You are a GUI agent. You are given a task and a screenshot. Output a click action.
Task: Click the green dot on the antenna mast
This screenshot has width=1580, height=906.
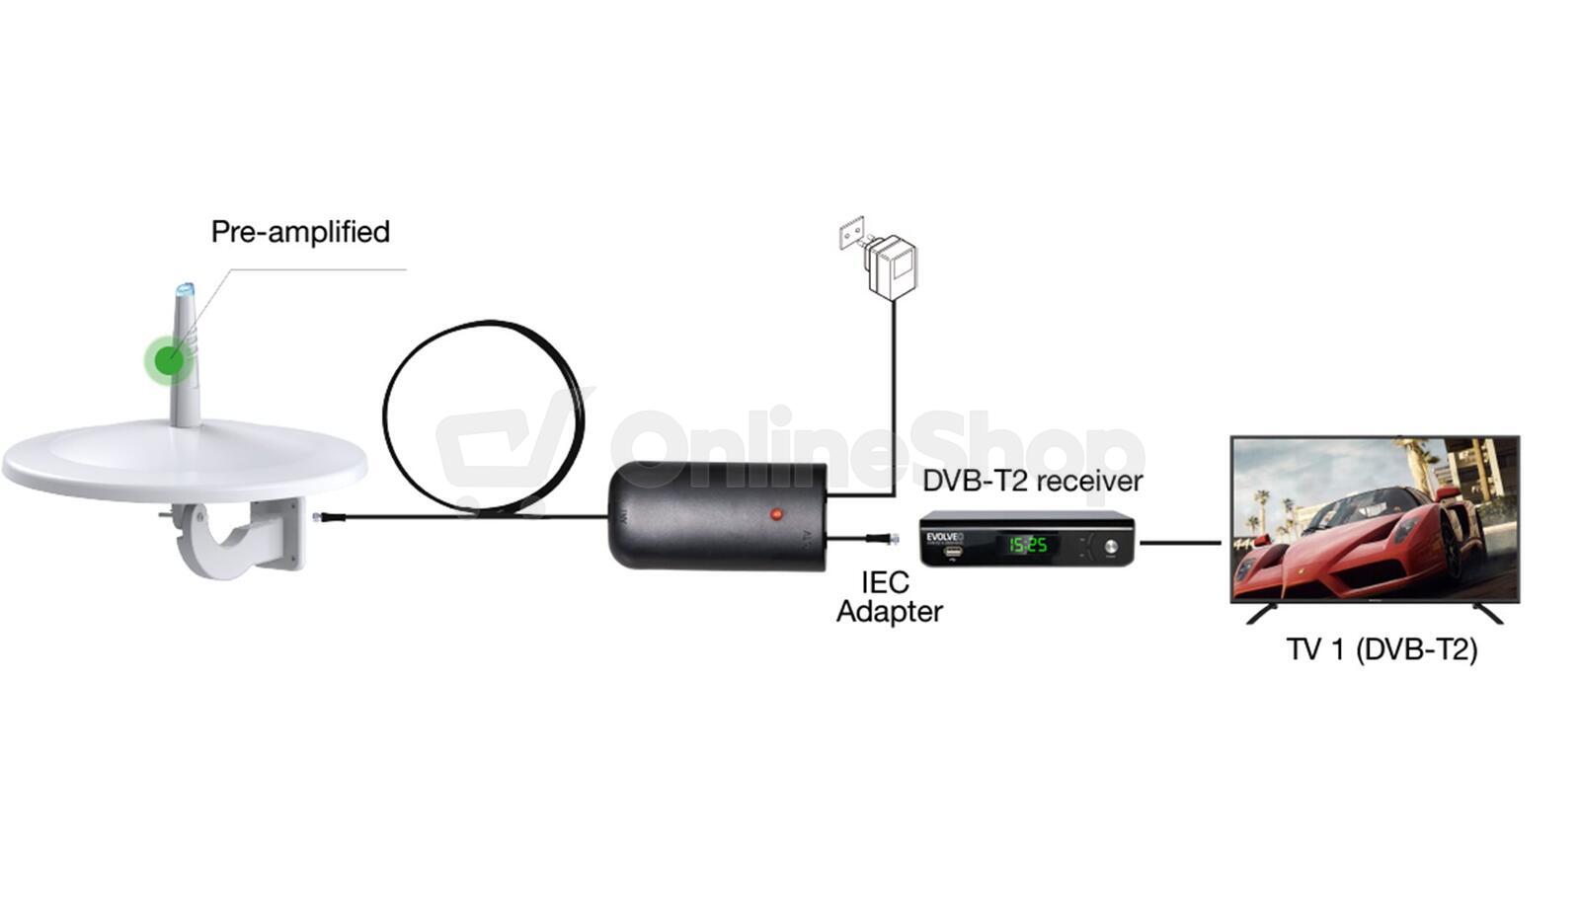coord(170,360)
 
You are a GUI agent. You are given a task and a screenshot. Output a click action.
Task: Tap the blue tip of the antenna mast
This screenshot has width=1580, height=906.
coord(185,290)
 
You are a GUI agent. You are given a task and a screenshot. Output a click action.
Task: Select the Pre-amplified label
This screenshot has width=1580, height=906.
coord(300,232)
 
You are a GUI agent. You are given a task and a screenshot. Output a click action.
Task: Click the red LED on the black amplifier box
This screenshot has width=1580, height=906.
coord(776,514)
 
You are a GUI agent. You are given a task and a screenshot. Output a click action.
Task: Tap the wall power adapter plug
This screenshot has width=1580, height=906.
coord(892,264)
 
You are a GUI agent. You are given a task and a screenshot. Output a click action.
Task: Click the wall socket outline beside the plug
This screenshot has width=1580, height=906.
coord(851,234)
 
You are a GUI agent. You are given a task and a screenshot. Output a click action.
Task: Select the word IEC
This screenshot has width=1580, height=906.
coord(885,582)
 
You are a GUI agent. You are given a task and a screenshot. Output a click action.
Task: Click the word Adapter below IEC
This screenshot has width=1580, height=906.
coord(889,612)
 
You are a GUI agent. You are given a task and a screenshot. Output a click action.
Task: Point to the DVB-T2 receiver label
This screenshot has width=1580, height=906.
coord(1032,482)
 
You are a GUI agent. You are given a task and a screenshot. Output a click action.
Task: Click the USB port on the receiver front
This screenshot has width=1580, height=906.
coord(953,553)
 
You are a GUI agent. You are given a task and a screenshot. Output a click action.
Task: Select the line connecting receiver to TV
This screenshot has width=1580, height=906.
coord(1180,542)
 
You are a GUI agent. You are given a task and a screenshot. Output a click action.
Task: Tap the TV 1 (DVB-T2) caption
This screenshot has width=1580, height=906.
coord(1382,649)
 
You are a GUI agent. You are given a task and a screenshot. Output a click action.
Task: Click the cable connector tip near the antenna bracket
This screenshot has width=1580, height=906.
coord(318,516)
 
